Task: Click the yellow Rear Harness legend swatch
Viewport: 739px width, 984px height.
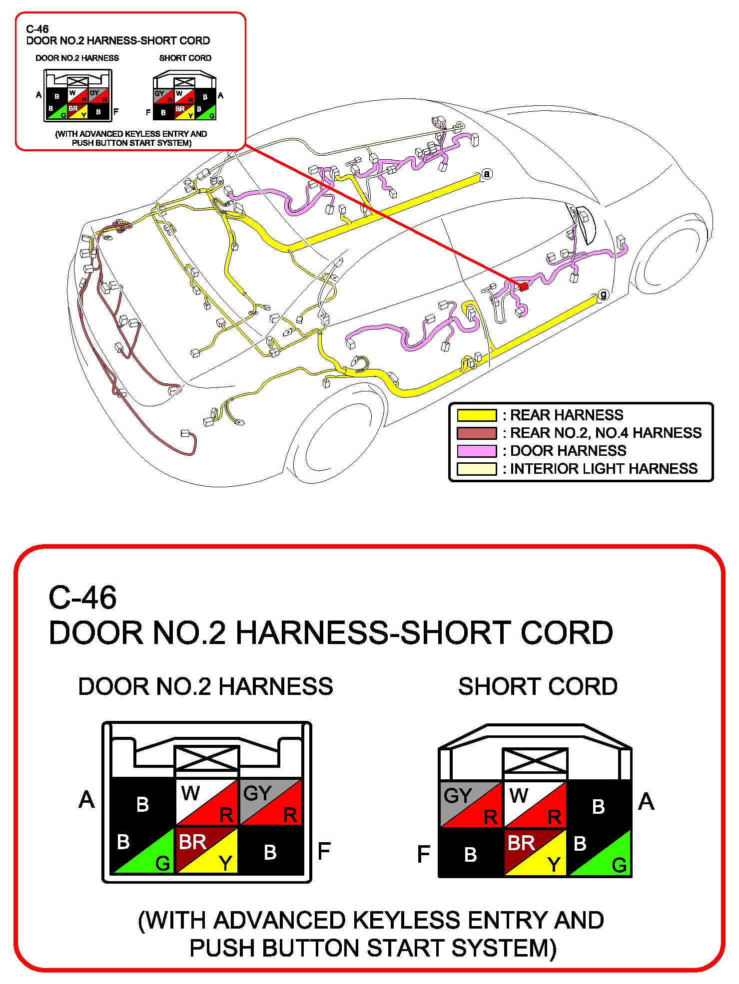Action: pos(477,415)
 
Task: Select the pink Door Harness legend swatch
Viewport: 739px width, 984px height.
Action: pos(477,451)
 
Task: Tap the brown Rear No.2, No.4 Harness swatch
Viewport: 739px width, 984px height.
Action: pos(477,433)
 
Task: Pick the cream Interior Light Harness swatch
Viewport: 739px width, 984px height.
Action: pos(477,469)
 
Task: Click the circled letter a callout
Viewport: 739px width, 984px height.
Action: pos(487,174)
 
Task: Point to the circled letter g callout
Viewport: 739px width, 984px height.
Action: pos(604,295)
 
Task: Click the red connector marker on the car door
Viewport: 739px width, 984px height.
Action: pos(524,287)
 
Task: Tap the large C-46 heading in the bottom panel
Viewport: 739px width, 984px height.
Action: pos(82,598)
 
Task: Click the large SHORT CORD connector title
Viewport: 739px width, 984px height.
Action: pos(538,686)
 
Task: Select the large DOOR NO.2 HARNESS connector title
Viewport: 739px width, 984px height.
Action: pos(205,686)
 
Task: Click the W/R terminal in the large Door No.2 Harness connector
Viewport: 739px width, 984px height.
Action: pos(207,802)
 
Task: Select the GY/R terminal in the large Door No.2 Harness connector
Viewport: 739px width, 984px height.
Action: pos(271,802)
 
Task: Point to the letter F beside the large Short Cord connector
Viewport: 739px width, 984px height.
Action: pos(423,854)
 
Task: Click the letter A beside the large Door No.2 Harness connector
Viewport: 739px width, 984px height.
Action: pos(86,800)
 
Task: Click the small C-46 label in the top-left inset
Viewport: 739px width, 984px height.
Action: pos(37,29)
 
